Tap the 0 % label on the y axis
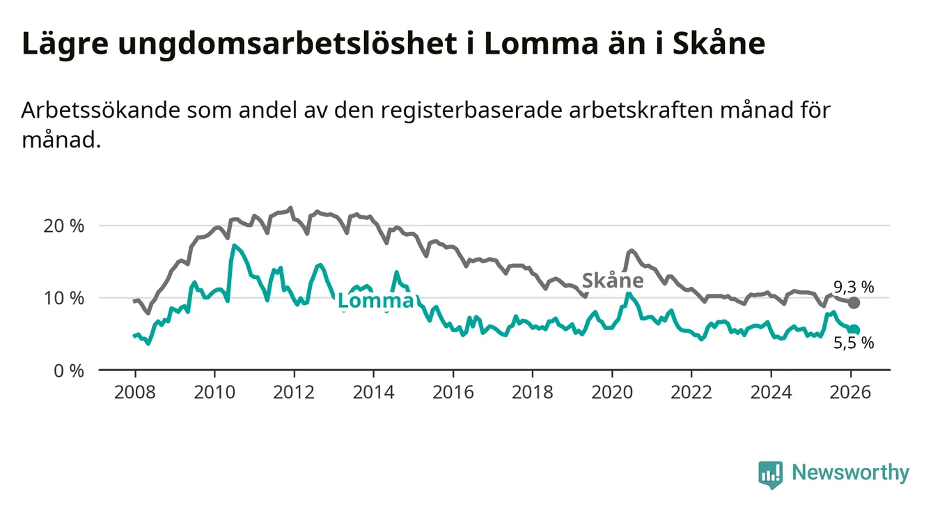click(70, 370)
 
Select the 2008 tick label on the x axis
click(135, 392)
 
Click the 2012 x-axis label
click(294, 392)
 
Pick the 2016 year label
click(453, 392)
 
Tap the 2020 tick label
click(611, 392)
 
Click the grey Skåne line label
click(612, 281)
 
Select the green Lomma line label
click(375, 301)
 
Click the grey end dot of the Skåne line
click(854, 303)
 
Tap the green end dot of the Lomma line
click(854, 330)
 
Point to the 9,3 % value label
click(854, 285)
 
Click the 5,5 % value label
click(854, 343)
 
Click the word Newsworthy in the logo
click(850, 473)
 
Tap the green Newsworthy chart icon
click(770, 474)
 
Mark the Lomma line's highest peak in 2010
click(234, 245)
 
